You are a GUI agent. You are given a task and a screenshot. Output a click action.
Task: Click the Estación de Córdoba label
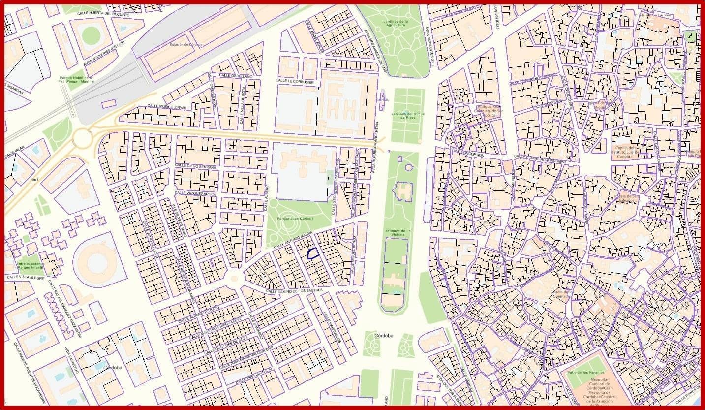(186, 44)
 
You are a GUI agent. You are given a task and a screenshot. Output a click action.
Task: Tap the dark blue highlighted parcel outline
(312, 254)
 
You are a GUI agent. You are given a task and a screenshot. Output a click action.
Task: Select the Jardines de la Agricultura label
(396, 25)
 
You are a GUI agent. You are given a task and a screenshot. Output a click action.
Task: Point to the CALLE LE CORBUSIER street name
(295, 81)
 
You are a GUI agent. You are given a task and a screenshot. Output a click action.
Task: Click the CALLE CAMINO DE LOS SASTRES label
(294, 291)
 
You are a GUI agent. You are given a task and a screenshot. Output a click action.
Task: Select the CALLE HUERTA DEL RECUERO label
(103, 15)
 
